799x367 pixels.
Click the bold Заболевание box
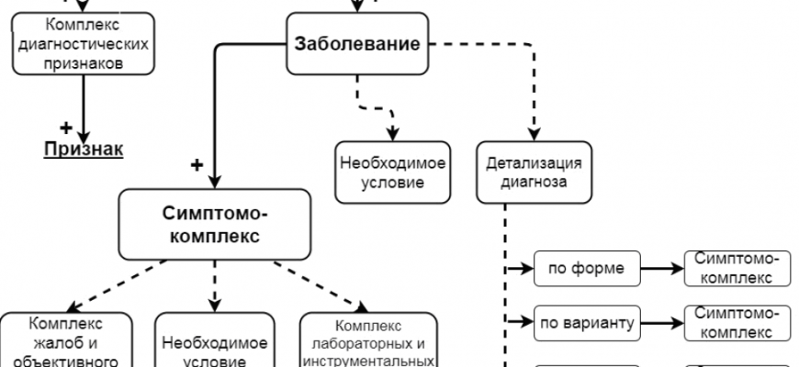coord(357,43)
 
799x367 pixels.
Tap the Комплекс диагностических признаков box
coord(84,43)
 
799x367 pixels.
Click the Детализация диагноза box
coord(534,172)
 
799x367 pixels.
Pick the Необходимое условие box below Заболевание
coord(392,172)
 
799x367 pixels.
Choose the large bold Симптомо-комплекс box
coord(214,224)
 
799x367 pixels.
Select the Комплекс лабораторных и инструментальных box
coord(366,341)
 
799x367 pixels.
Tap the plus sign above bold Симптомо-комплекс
coord(196,165)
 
